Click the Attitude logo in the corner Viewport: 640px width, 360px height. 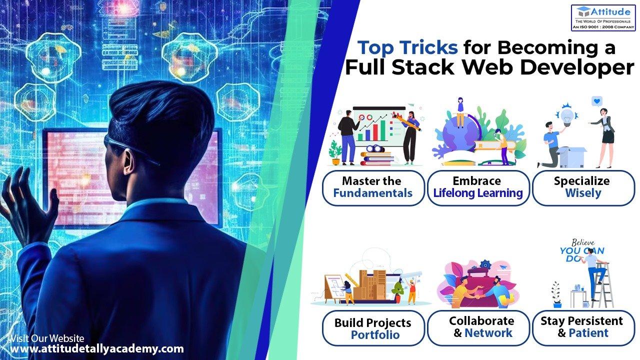[x=603, y=18]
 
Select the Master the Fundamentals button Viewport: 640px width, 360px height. [x=373, y=187]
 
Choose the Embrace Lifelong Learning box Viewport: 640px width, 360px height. [x=478, y=187]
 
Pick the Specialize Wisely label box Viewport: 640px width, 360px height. [x=583, y=187]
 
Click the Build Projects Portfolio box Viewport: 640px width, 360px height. [x=373, y=328]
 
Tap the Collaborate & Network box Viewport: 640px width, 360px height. [x=478, y=327]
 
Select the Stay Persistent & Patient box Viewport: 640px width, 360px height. [x=583, y=327]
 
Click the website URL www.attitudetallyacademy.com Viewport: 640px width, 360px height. [x=97, y=349]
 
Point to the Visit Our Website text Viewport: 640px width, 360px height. [x=47, y=338]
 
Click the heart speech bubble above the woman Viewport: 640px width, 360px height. [x=596, y=101]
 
